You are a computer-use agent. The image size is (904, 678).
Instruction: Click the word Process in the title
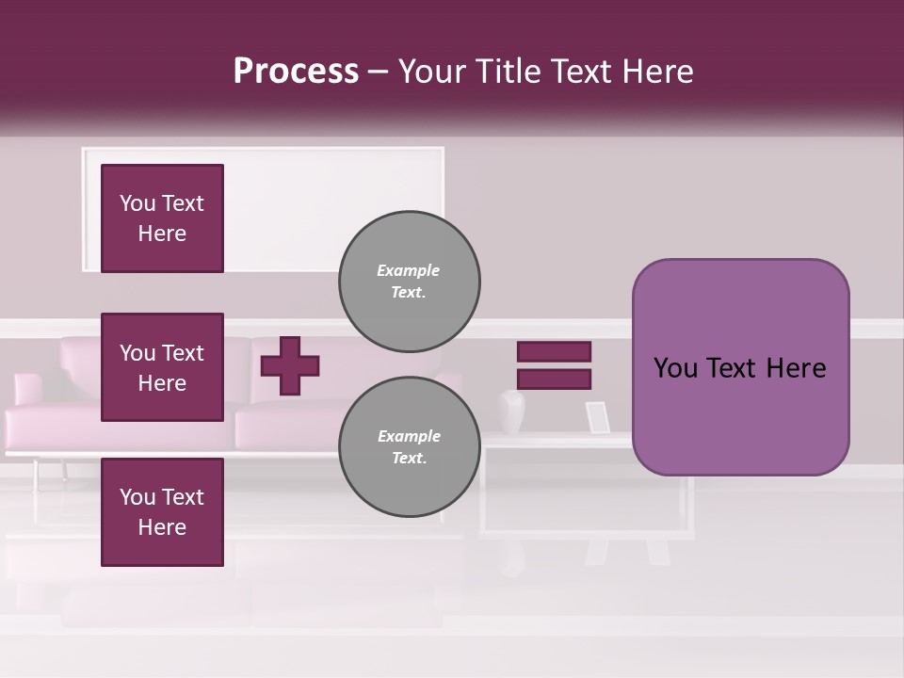point(296,72)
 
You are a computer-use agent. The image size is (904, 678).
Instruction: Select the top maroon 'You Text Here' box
point(162,218)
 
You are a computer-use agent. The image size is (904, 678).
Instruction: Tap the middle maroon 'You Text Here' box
point(162,367)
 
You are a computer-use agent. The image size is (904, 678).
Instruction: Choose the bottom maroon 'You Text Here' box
point(162,512)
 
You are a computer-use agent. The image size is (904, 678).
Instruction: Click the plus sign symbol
point(290,365)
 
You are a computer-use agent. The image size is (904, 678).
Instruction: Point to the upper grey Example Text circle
point(409,281)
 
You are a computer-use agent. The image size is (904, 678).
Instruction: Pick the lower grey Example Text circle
point(409,447)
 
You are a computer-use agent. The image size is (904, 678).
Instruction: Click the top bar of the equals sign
point(554,351)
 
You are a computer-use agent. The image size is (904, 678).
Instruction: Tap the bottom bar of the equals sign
point(554,379)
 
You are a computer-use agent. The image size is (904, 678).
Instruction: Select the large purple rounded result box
point(740,367)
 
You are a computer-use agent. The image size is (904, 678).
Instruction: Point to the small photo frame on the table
point(597,417)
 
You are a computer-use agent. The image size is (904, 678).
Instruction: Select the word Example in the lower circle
point(409,436)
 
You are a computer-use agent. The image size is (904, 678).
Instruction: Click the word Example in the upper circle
point(409,270)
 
